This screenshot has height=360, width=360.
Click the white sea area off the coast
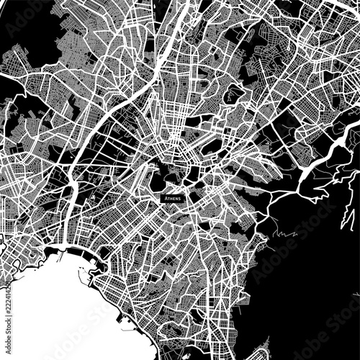pyautogui.click(x=50, y=310)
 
